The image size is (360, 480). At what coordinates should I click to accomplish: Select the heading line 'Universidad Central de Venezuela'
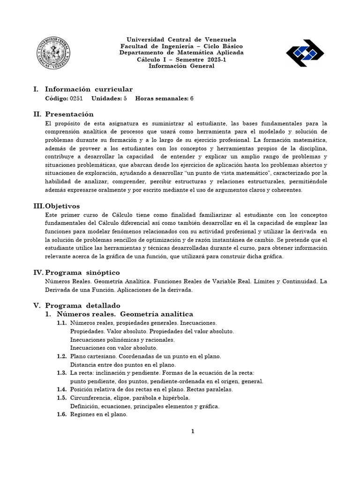click(181, 39)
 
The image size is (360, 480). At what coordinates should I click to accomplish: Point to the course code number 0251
click(76, 99)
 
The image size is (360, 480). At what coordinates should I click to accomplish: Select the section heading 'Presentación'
click(69, 114)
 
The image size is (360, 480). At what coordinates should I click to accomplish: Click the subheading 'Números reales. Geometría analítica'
click(125, 314)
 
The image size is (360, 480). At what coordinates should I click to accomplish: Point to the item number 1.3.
click(62, 373)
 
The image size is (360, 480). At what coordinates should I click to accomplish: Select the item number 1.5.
click(62, 398)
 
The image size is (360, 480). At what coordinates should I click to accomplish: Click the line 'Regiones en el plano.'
click(98, 414)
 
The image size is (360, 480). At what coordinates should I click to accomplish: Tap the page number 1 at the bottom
click(192, 432)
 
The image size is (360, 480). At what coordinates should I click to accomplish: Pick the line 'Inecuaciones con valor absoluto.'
click(114, 348)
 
